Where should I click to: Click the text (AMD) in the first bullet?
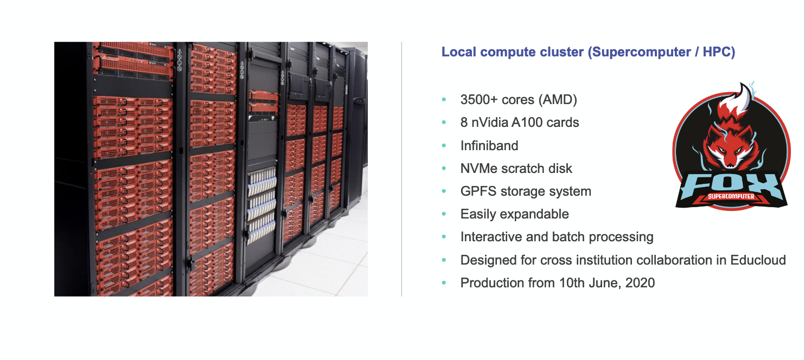(x=558, y=100)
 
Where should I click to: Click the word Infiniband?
(x=489, y=145)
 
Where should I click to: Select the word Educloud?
(x=758, y=260)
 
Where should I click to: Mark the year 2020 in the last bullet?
(x=640, y=283)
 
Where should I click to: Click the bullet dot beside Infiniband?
(x=444, y=145)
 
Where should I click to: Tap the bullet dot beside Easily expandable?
(x=444, y=214)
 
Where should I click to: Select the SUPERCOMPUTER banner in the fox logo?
(x=731, y=196)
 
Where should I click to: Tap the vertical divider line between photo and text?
(x=401, y=169)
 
